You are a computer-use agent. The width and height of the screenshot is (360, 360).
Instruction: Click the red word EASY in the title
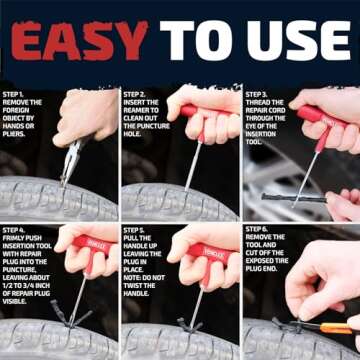click(80, 41)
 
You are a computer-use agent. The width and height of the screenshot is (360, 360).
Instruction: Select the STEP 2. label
click(138, 93)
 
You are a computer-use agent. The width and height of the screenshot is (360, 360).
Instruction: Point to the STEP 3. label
click(260, 93)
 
